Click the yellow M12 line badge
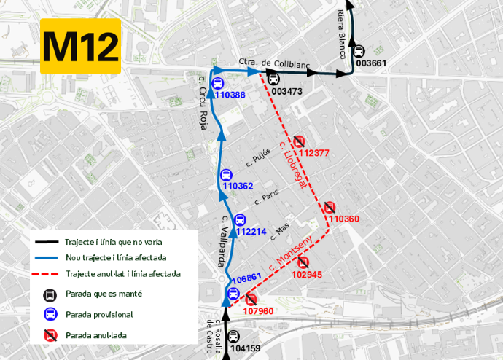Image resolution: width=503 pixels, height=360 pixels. [x=80, y=47]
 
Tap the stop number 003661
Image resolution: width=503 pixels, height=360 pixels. [x=371, y=63]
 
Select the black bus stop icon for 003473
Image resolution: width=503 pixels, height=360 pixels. [x=273, y=79]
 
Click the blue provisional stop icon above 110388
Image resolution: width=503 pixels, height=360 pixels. [x=218, y=83]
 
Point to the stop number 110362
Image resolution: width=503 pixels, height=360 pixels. [x=238, y=187]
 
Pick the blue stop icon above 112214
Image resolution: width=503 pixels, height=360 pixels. [x=241, y=219]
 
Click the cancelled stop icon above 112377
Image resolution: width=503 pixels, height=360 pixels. [x=300, y=141]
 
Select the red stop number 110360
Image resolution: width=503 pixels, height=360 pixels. [x=343, y=219]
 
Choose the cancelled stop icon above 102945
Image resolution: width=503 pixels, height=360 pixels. [x=303, y=262]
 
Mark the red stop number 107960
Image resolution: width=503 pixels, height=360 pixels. [x=257, y=311]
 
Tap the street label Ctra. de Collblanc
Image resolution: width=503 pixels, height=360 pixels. [x=274, y=63]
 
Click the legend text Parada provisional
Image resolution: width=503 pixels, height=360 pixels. [x=98, y=315]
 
